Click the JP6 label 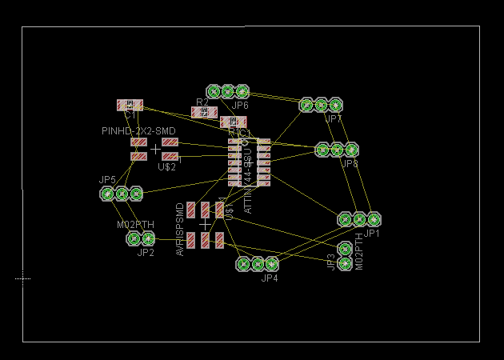[240, 106]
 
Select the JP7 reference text [334, 119]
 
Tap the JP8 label [350, 164]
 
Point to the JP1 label [372, 234]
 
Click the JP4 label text [269, 278]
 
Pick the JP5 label [107, 180]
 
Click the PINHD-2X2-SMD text [138, 130]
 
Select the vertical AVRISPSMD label [180, 229]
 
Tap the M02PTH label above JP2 [135, 225]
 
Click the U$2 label [166, 167]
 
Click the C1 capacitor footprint [130, 105]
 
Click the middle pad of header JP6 [228, 91]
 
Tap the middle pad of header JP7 [321, 105]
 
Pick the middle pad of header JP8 [337, 150]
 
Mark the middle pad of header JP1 [359, 219]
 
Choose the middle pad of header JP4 [258, 263]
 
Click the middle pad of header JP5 [122, 194]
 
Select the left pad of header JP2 [134, 238]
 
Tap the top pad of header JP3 [345, 249]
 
